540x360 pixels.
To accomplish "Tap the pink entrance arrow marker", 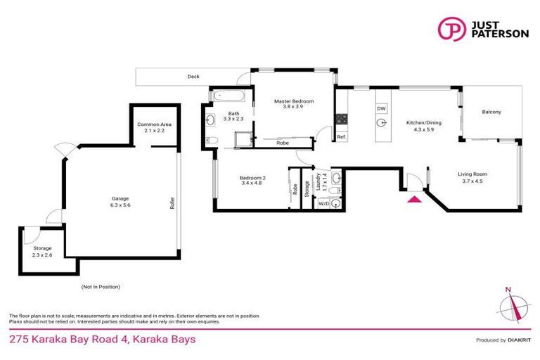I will pyautogui.click(x=415, y=200).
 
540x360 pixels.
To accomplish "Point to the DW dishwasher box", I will pyautogui.click(x=381, y=109).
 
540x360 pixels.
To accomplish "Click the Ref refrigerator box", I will pyautogui.click(x=341, y=137).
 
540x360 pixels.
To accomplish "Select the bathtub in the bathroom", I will pyautogui.click(x=226, y=95).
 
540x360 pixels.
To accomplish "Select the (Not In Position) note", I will pyautogui.click(x=101, y=286).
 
